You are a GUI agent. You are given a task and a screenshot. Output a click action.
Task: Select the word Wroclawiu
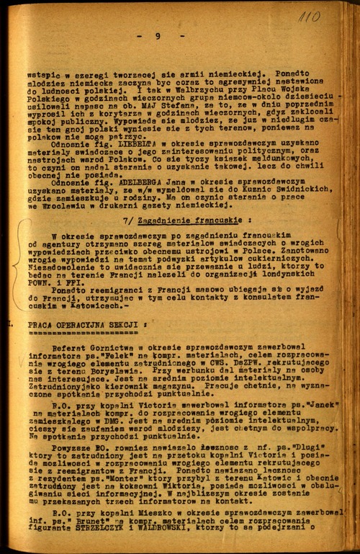click(65, 205)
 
